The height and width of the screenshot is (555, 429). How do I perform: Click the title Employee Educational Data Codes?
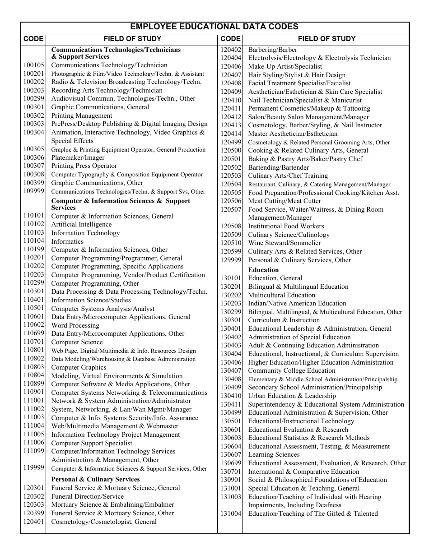point(214,27)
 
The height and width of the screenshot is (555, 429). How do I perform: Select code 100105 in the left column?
point(34,65)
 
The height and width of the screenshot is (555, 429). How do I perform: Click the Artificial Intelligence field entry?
point(81,225)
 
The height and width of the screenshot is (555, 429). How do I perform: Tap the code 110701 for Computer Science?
point(34,342)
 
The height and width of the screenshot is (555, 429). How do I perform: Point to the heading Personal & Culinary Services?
point(95,480)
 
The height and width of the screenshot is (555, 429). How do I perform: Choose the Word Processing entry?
point(75,325)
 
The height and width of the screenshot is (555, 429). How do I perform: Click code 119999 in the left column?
point(34,467)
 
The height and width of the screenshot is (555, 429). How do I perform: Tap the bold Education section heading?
point(263,270)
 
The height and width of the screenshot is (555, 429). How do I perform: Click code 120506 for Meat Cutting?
point(231,201)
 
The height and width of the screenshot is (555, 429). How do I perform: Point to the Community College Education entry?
point(292,371)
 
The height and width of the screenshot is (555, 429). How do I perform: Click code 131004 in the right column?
point(231,513)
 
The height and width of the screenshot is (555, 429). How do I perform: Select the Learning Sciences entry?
point(274,455)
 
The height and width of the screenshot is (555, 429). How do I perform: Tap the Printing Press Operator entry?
point(84,166)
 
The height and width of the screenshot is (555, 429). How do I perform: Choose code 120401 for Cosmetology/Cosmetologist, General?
point(34,522)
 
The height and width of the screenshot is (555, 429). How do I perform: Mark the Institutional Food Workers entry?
point(286,227)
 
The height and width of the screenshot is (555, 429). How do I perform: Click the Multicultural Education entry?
point(282,295)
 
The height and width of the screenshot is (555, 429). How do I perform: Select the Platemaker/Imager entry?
point(78,158)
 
